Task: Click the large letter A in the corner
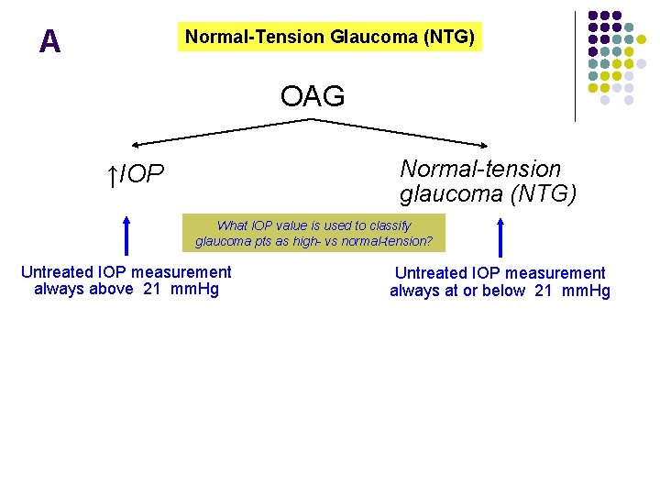[49, 41]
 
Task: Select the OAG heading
[313, 95]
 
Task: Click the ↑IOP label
[135, 174]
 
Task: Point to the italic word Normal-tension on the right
[480, 169]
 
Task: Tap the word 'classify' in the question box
[390, 225]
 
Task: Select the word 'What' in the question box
[233, 225]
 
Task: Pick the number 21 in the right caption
[542, 291]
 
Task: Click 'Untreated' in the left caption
[58, 271]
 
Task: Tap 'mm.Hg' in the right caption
[585, 291]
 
